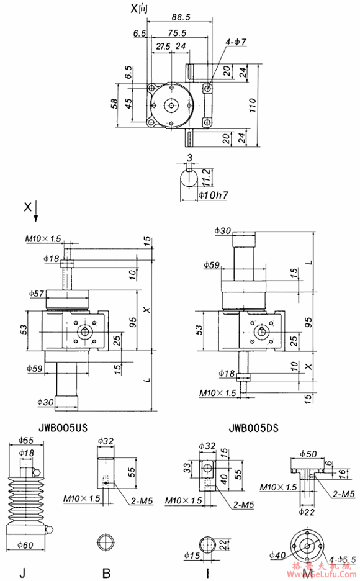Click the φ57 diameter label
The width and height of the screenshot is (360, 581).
pos(37,292)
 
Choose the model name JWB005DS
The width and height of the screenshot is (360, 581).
pos(254,427)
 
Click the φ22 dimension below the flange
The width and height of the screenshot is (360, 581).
pos(307,512)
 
